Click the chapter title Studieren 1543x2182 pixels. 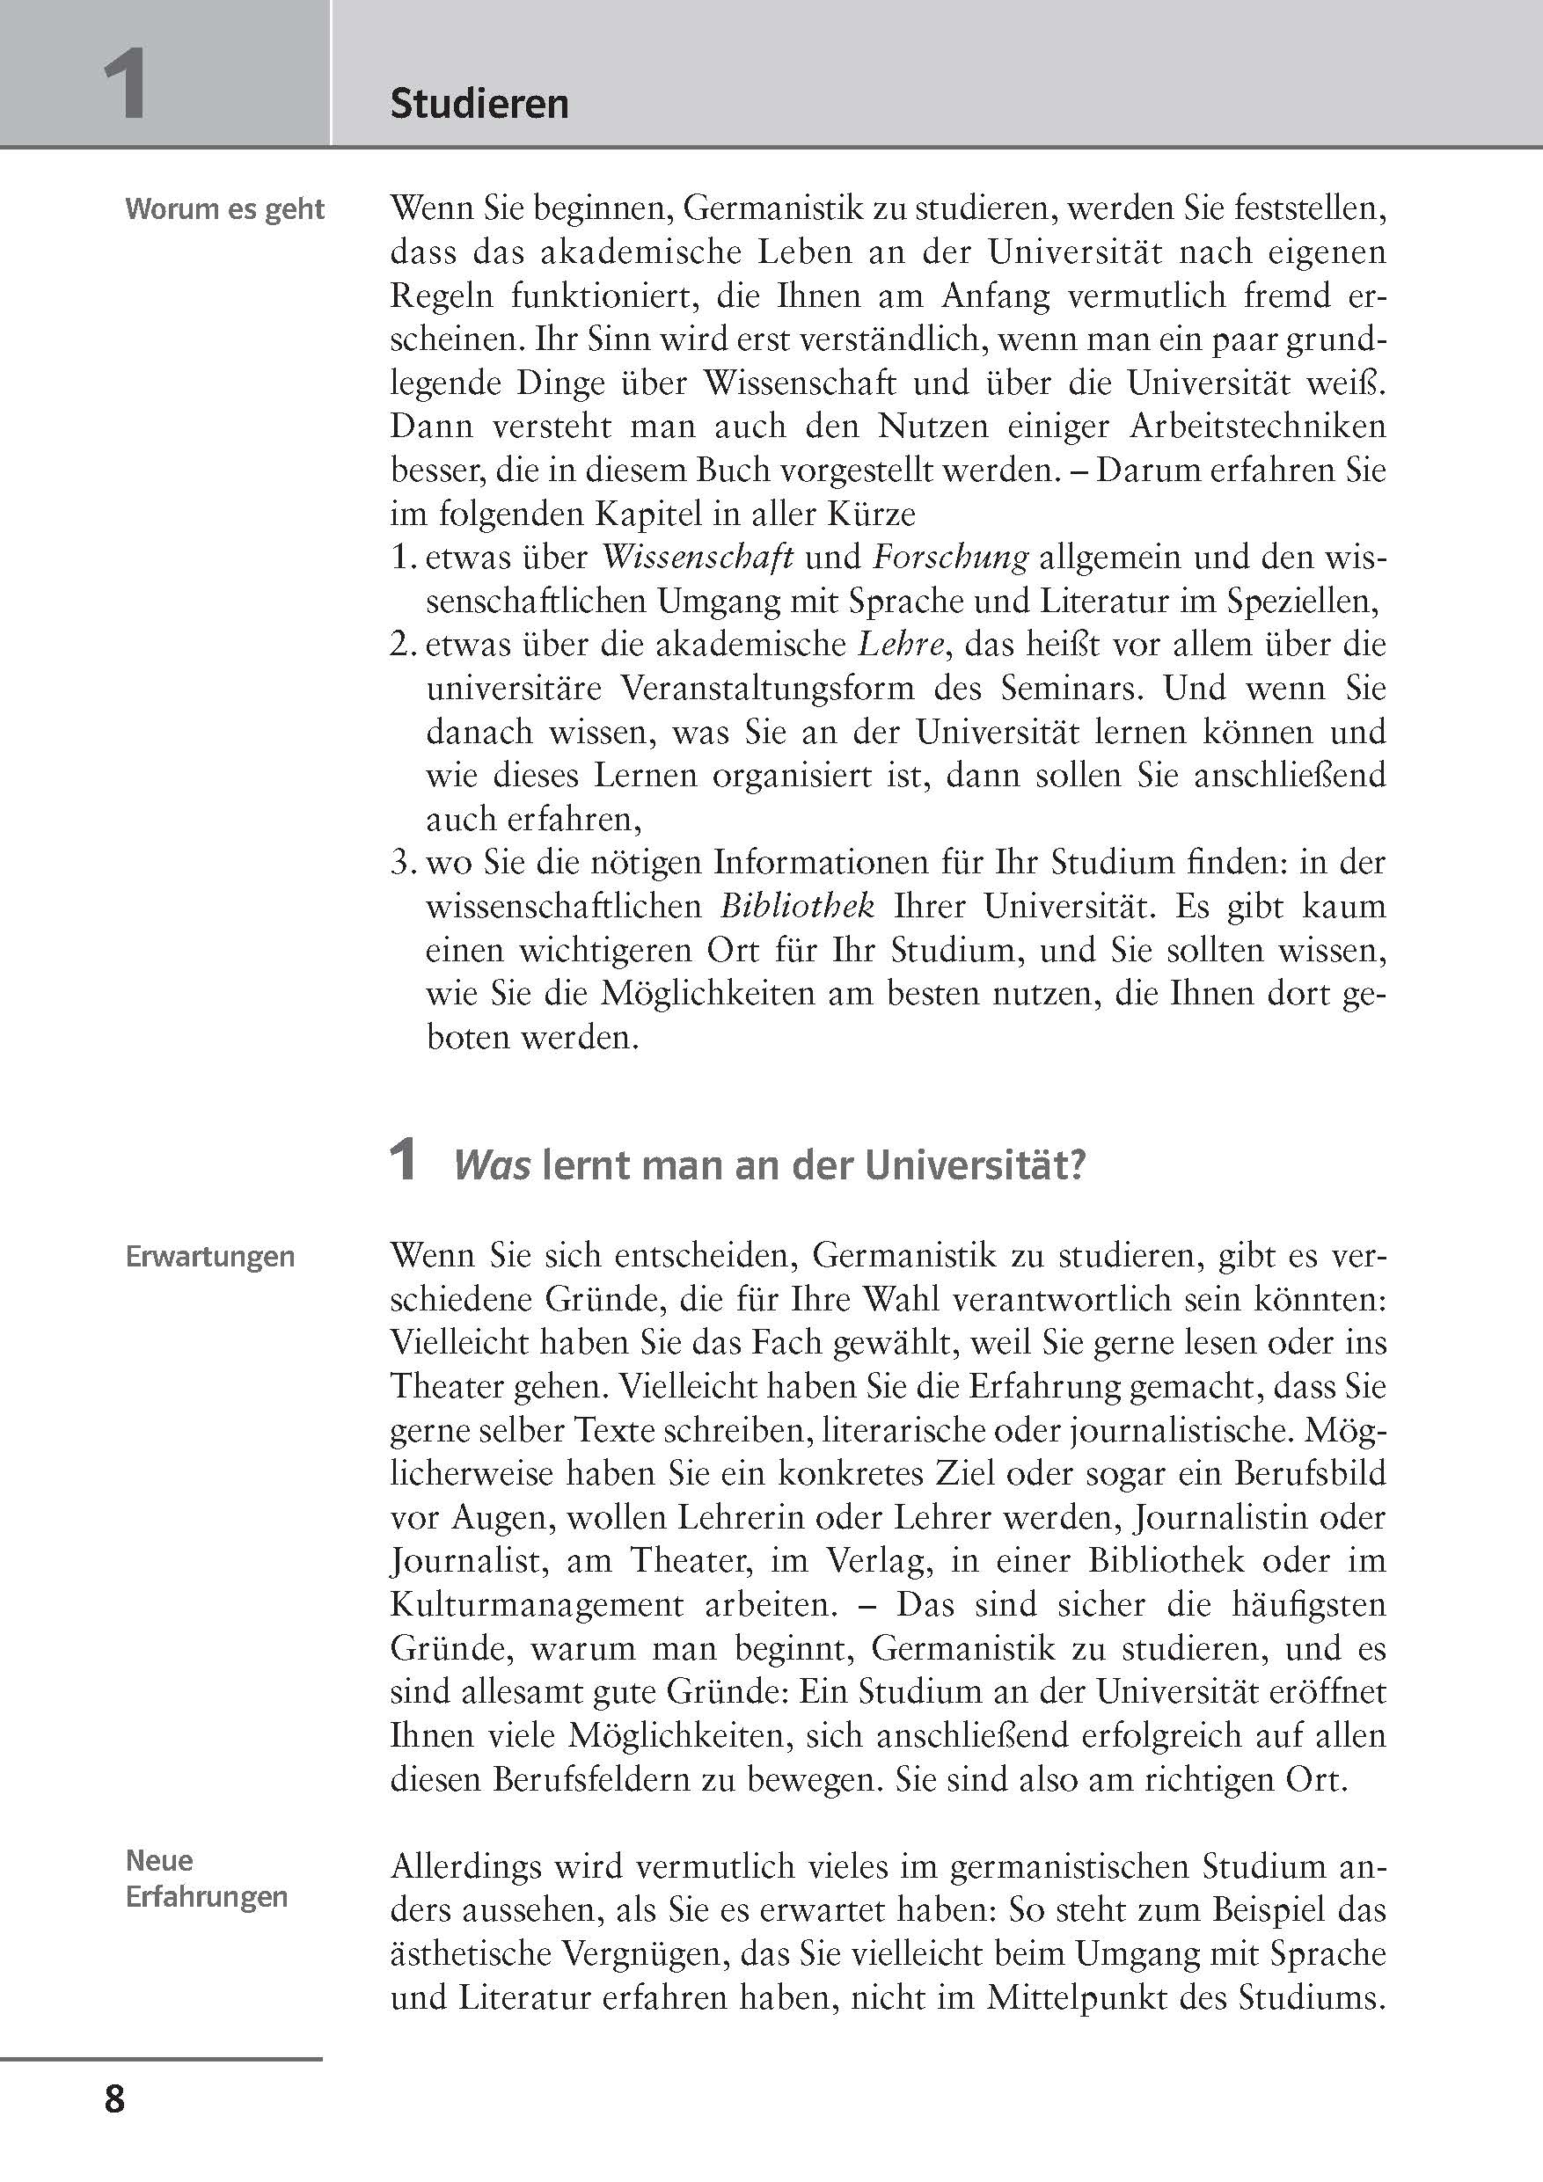point(479,104)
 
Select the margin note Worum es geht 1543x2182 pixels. point(224,209)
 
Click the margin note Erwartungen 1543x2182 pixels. point(210,1257)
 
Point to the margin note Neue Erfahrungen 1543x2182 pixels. point(207,1878)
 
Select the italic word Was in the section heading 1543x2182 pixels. point(492,1165)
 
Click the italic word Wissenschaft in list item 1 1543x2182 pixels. point(698,557)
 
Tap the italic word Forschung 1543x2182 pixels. point(950,557)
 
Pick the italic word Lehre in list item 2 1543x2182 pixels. point(902,645)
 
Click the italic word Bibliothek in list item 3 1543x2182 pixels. point(797,906)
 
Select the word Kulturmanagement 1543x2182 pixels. point(537,1604)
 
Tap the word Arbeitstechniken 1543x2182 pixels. point(1257,427)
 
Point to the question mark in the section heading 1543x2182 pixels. point(1076,1165)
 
